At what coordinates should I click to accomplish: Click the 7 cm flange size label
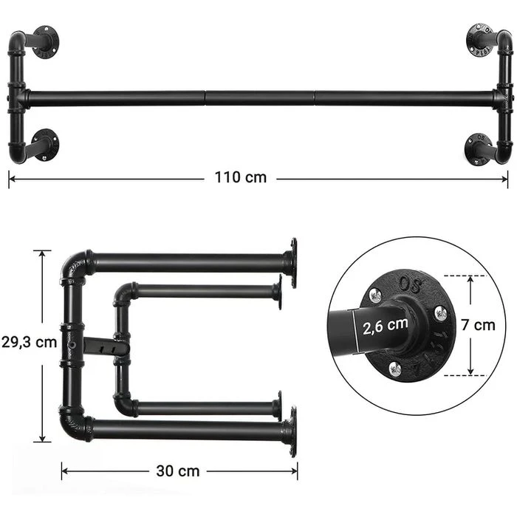click(483, 325)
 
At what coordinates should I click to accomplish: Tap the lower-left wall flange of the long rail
click(46, 144)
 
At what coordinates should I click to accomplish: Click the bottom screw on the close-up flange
click(395, 365)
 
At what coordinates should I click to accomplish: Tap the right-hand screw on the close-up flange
click(441, 313)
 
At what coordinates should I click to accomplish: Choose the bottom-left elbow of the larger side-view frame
click(74, 428)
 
